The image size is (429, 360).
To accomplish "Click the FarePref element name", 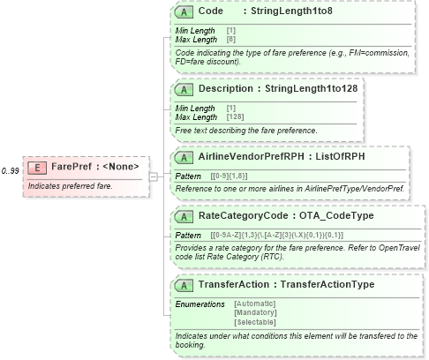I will point(72,167).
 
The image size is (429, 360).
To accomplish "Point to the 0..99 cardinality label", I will point(11,170).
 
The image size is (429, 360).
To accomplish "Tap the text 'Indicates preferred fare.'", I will point(70,186).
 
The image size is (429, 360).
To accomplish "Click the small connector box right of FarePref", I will point(153,176).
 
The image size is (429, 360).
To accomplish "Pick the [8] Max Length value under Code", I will point(230,40).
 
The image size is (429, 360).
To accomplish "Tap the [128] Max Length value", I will point(236,116).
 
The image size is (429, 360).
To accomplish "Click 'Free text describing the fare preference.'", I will point(246,130).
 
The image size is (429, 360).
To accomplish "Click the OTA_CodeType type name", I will point(337,214).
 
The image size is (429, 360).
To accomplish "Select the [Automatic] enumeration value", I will point(254,304).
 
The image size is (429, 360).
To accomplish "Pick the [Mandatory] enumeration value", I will point(254,312).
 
